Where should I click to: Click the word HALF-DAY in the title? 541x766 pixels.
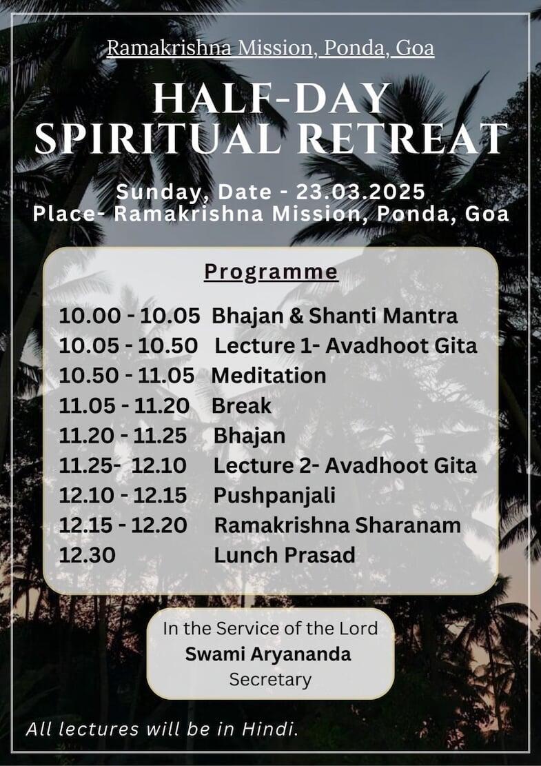[272, 99]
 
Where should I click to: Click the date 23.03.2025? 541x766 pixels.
[360, 192]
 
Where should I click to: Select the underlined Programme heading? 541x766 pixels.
[271, 272]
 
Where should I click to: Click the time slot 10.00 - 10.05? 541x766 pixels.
[130, 316]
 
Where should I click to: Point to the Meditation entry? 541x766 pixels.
[269, 376]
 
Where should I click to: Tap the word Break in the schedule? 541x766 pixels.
[241, 406]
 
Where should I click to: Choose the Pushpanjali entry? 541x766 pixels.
[274, 496]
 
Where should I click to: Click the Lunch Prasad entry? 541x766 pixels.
[284, 556]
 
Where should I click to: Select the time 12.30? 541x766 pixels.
[88, 556]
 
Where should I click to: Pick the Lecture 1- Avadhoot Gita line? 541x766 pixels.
[346, 346]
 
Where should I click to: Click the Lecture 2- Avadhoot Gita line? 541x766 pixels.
[345, 465]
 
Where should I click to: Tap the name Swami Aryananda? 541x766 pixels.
[268, 654]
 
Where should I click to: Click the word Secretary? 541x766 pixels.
[270, 680]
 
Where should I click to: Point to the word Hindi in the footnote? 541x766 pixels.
[269, 729]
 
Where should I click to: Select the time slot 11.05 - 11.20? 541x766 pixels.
[124, 406]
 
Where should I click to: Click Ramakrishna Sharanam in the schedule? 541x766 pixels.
[338, 525]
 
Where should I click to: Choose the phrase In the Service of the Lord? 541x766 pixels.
[270, 628]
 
